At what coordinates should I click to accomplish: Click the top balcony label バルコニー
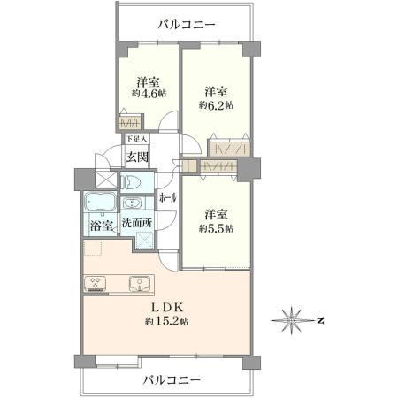click(187, 25)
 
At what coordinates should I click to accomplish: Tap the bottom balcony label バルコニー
click(172, 379)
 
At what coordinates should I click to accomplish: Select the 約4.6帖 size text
click(149, 94)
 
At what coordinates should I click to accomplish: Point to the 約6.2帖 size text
click(216, 105)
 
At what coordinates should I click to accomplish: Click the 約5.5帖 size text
click(216, 228)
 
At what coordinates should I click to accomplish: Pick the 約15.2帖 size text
click(167, 321)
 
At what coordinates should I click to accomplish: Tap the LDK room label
click(167, 308)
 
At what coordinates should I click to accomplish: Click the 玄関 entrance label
click(137, 157)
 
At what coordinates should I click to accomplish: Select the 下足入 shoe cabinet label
click(136, 139)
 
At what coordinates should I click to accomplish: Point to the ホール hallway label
click(168, 198)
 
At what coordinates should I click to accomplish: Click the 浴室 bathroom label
click(101, 226)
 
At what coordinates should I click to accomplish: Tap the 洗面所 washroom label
click(137, 223)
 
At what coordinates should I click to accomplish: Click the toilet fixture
click(131, 182)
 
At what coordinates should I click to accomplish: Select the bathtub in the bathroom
click(100, 202)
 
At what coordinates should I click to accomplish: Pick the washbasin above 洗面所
click(132, 203)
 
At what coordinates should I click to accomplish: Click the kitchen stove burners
click(96, 283)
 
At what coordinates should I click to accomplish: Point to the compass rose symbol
click(292, 320)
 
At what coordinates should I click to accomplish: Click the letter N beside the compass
click(320, 320)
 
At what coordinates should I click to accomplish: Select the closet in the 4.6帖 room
click(130, 123)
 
